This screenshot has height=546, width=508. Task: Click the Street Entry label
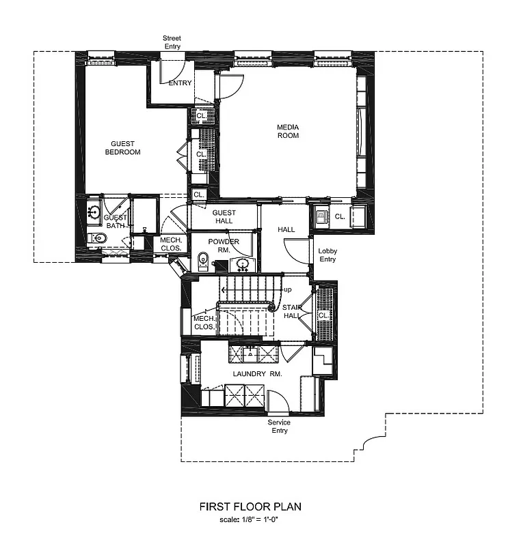pyautogui.click(x=172, y=42)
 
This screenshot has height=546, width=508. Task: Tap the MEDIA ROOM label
pyautogui.click(x=288, y=131)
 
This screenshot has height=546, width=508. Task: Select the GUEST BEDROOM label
pyautogui.click(x=122, y=148)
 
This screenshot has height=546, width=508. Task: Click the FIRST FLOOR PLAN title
pyautogui.click(x=250, y=507)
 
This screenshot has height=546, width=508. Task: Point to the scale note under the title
pyautogui.click(x=250, y=521)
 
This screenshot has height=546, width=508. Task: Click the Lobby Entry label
pyautogui.click(x=327, y=255)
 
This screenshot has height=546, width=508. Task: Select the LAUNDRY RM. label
pyautogui.click(x=253, y=375)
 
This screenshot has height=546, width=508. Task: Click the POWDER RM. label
pyautogui.click(x=224, y=246)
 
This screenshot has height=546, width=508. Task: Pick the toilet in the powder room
pyautogui.click(x=202, y=261)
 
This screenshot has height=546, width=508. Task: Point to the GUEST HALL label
pyautogui.click(x=224, y=216)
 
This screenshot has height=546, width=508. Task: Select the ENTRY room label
pyautogui.click(x=180, y=84)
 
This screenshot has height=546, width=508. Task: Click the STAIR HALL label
pyautogui.click(x=293, y=312)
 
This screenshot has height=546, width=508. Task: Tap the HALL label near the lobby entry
pyautogui.click(x=286, y=230)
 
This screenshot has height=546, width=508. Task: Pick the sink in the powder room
pyautogui.click(x=243, y=263)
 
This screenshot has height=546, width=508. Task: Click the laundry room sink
pyautogui.click(x=252, y=353)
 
